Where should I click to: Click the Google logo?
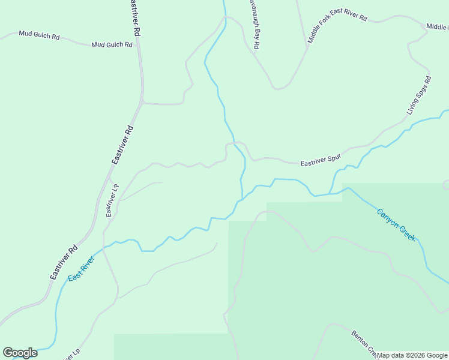tap(20, 353)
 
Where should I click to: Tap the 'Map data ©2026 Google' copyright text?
tap(412, 355)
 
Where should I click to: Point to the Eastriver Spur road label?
tap(321, 160)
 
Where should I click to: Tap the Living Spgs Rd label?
tap(419, 95)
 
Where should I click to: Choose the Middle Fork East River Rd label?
tap(337, 26)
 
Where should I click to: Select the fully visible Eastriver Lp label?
tap(112, 200)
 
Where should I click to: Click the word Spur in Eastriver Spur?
tap(334, 158)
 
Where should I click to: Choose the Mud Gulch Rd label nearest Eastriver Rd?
tap(112, 44)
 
